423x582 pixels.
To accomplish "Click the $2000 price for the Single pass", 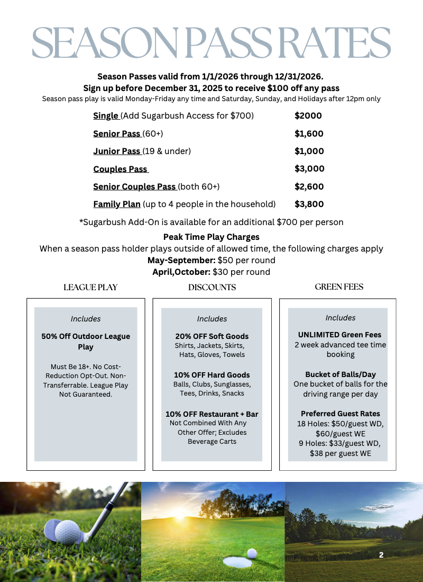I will coord(308,116).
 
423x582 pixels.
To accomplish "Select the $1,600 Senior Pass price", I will coord(309,133).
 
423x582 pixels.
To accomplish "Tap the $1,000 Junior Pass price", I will coord(309,151).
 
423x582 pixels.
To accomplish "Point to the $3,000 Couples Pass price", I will coord(309,169).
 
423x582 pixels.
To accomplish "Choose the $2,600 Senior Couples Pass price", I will coord(309,186).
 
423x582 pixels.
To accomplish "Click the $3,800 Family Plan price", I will coord(309,204).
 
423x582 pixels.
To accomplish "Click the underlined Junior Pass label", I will coord(117,151).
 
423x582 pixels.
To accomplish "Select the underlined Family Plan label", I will coord(117,204).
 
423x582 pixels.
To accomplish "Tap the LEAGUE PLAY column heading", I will coord(90,288).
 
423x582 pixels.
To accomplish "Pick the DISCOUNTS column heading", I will coord(212,288).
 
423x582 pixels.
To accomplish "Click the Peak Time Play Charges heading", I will coord(212,237).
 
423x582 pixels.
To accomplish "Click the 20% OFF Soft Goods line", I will coord(212,336).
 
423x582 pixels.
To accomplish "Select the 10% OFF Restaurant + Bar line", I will coord(212,414).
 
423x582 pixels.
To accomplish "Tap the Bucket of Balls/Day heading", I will coord(340,374).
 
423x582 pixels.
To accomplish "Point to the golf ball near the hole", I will coord(252,553).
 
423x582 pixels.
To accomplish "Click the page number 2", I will coord(381,555).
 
